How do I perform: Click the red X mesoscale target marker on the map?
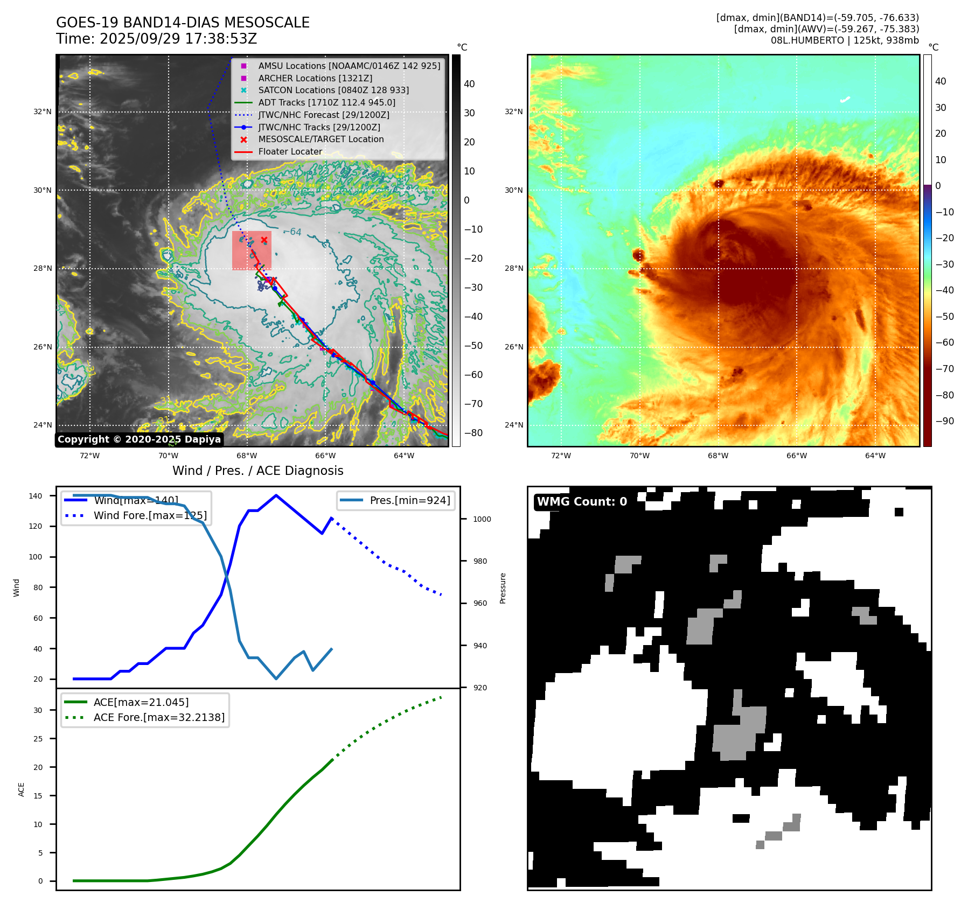pos(264,240)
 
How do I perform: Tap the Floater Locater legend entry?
pos(290,151)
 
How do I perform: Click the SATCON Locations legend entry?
pos(333,90)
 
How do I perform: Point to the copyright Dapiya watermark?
pos(139,439)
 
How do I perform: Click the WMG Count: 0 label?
pos(582,502)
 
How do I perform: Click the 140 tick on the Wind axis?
pos(36,496)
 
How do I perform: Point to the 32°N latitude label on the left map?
pos(43,112)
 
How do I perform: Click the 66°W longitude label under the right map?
pos(797,456)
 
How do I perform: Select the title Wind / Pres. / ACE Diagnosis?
pos(257,471)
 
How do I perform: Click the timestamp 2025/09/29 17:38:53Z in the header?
pos(178,39)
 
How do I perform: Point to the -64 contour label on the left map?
pos(293,232)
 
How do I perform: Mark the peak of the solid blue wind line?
pos(276,495)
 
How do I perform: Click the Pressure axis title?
pos(503,588)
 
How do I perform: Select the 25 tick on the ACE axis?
pos(38,739)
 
